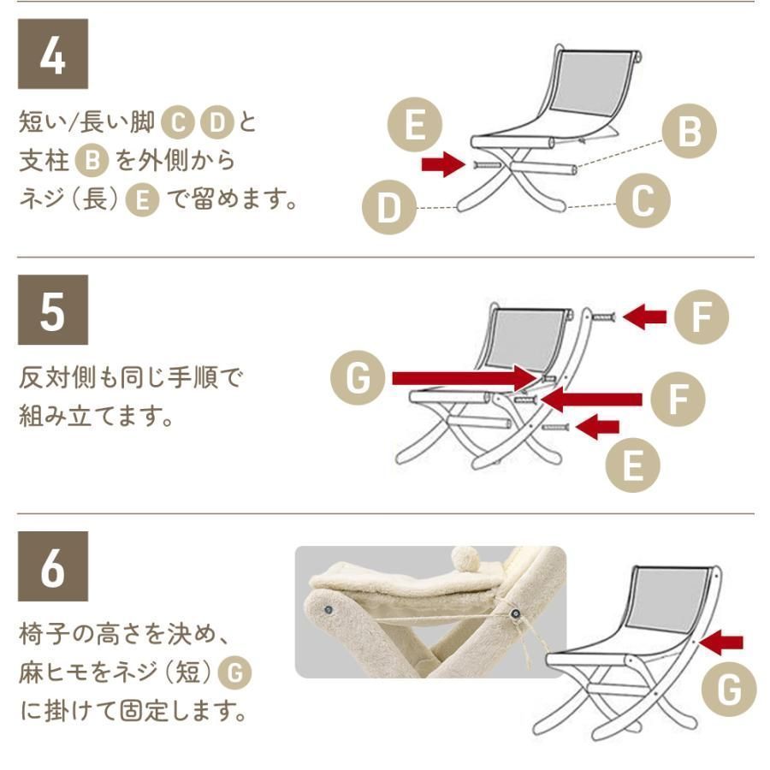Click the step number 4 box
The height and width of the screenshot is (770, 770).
[53, 54]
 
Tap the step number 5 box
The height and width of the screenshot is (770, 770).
[53, 310]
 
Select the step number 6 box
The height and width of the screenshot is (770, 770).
[53, 566]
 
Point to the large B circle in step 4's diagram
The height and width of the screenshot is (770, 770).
[690, 132]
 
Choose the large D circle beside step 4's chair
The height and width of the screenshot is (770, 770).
[389, 208]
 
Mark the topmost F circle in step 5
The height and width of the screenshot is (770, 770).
[701, 317]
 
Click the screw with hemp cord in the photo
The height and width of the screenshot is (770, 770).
[515, 614]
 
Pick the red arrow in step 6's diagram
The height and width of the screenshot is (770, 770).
[724, 641]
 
